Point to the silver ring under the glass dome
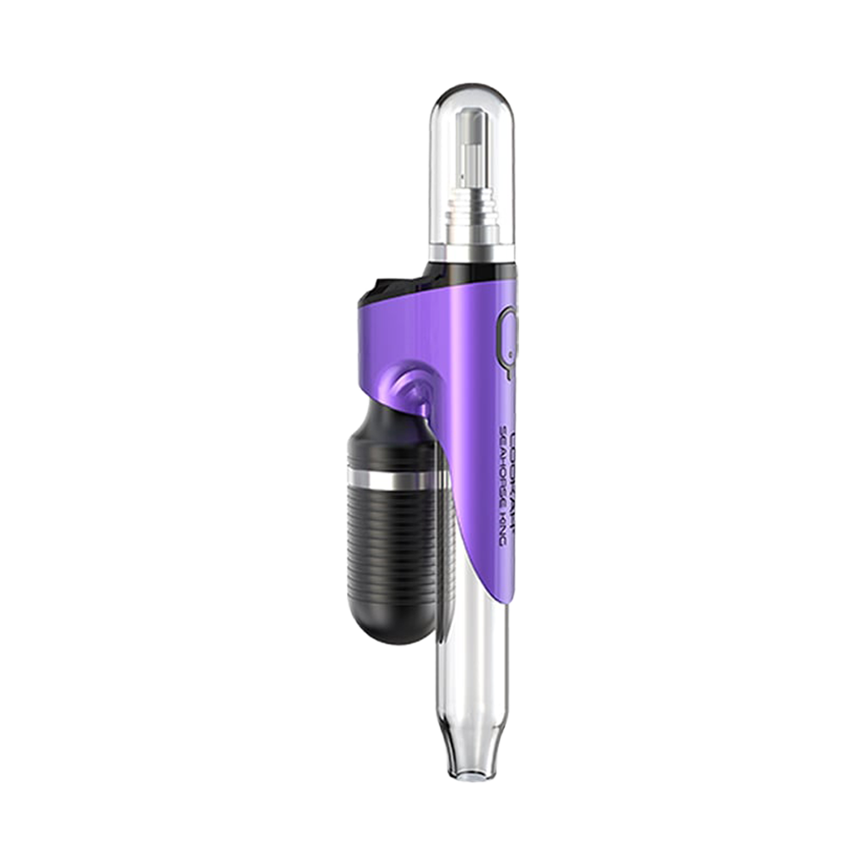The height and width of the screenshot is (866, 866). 473,251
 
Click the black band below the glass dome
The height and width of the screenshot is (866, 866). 473,268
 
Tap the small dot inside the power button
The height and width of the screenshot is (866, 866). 510,353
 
